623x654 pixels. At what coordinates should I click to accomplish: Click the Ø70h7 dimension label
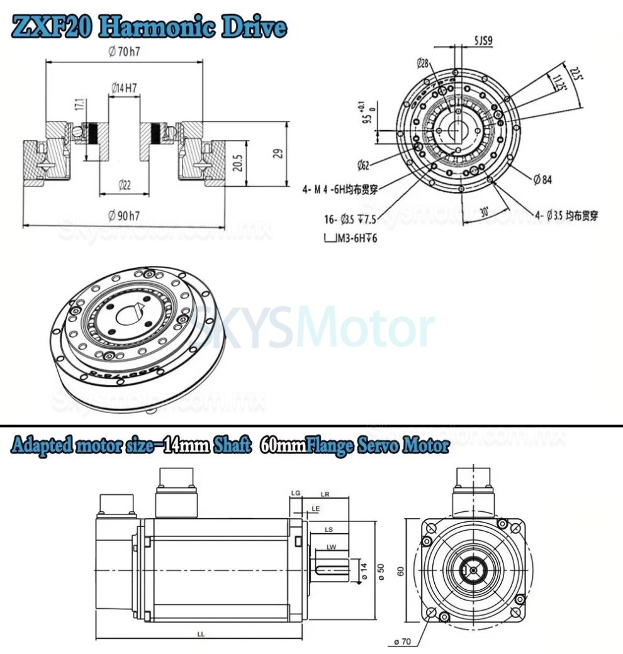click(124, 52)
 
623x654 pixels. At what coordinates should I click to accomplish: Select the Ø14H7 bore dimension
click(124, 89)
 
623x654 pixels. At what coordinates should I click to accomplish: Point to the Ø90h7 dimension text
click(124, 216)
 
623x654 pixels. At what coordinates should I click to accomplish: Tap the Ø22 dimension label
click(125, 184)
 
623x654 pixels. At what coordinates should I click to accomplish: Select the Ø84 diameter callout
click(542, 180)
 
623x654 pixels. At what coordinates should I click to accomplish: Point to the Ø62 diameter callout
click(363, 166)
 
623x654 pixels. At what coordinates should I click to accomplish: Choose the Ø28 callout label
click(422, 62)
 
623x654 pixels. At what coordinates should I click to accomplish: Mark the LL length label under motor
click(200, 635)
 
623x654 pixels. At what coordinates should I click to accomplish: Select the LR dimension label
click(325, 494)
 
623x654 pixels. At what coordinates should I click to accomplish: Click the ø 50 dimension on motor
click(380, 570)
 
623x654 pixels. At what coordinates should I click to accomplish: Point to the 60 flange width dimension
click(400, 570)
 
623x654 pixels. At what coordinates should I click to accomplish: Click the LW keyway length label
click(331, 546)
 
